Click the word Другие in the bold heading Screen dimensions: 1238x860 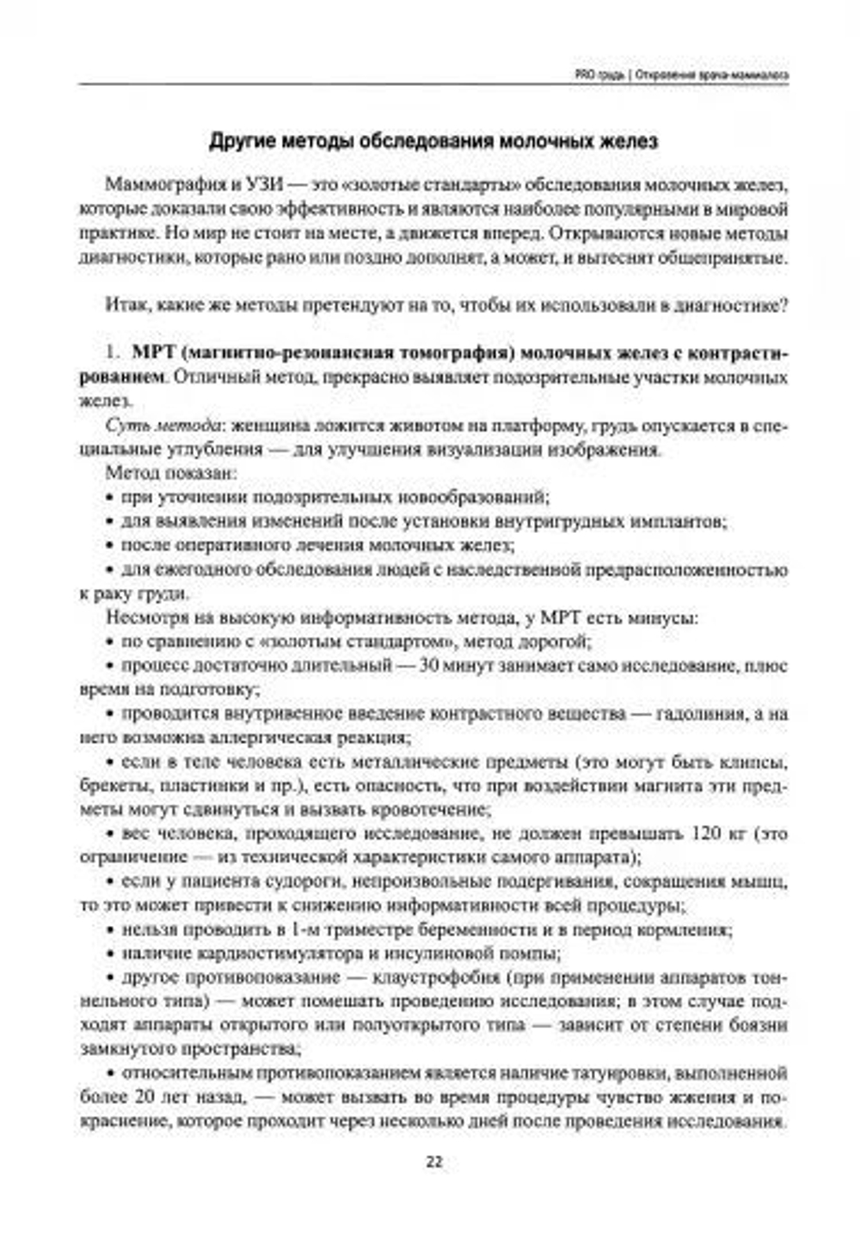pos(242,142)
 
